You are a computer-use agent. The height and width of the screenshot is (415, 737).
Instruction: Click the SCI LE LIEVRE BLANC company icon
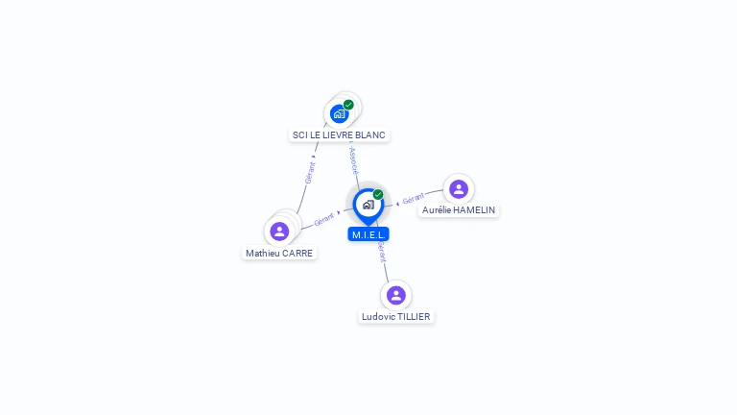tap(339, 114)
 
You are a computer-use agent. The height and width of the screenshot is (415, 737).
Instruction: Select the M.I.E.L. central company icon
tap(368, 205)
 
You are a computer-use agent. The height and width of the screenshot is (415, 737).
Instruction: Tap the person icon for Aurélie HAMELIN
tap(459, 188)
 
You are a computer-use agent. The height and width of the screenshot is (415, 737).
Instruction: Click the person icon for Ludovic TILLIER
tap(396, 295)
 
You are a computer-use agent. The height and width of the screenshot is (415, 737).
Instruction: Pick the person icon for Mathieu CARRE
tap(279, 232)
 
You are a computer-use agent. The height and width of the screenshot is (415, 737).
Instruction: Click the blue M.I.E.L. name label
tap(368, 234)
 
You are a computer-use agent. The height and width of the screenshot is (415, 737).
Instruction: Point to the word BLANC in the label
tap(370, 135)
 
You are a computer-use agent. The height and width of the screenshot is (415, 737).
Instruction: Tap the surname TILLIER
tap(413, 317)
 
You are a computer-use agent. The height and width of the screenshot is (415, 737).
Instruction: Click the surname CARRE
tap(297, 254)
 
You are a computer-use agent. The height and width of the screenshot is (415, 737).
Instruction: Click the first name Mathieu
tap(263, 254)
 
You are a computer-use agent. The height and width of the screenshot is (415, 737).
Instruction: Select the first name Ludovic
tap(377, 317)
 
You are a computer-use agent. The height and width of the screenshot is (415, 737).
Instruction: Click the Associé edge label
tap(354, 160)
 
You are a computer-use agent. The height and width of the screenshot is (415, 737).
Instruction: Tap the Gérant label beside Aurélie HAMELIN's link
tap(414, 199)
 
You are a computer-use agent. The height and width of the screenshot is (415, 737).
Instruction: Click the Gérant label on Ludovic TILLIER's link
tap(382, 252)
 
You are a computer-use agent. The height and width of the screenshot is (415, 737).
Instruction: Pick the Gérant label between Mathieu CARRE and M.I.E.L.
tap(323, 220)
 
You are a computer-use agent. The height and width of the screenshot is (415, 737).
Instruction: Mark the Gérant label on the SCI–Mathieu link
tap(310, 173)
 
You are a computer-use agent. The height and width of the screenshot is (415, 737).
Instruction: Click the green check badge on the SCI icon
tap(348, 105)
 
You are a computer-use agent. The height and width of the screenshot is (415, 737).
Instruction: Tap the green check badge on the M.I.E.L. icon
tap(378, 195)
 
